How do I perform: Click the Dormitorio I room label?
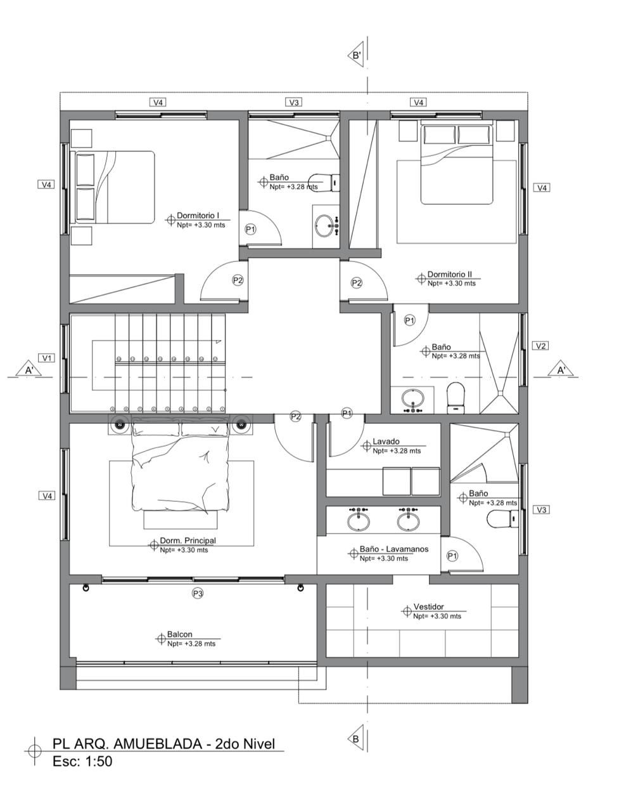(x=198, y=215)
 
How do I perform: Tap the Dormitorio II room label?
(x=449, y=275)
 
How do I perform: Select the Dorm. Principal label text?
(x=188, y=540)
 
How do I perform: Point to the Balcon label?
(x=179, y=634)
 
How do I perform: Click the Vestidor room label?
(x=428, y=606)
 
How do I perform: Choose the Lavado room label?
(x=386, y=442)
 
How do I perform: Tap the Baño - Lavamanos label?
(x=394, y=549)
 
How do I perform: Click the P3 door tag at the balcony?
(x=198, y=594)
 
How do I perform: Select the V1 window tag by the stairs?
(x=46, y=358)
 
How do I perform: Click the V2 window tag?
(x=540, y=346)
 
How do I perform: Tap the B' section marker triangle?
(x=355, y=56)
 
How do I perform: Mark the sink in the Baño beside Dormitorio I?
(x=325, y=225)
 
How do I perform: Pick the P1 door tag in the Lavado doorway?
(x=347, y=413)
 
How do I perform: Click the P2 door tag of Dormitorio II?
(x=356, y=284)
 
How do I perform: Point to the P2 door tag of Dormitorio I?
(x=238, y=280)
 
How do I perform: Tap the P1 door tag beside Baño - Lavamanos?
(x=452, y=556)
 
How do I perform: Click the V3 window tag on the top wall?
(x=294, y=103)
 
